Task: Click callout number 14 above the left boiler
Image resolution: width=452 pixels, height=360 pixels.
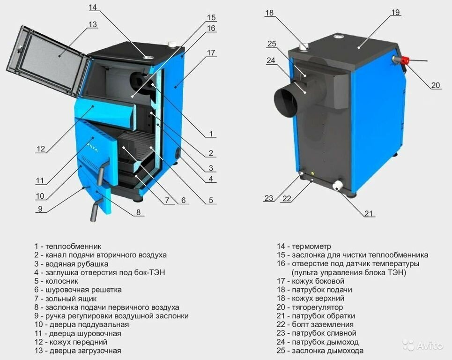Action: coord(92,7)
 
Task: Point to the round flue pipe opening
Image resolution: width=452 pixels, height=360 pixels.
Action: coord(285,101)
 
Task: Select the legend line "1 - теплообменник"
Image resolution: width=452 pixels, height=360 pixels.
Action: coord(67,246)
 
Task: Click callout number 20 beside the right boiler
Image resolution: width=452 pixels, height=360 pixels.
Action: coord(436,85)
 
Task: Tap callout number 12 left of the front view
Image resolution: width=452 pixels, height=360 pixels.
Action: coord(41,149)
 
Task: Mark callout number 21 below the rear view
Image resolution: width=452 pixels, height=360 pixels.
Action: coord(369,214)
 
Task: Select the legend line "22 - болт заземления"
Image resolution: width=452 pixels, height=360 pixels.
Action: coord(315,324)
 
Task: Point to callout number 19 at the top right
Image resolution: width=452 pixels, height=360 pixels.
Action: coord(396,12)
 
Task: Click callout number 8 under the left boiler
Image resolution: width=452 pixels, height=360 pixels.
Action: coord(138,212)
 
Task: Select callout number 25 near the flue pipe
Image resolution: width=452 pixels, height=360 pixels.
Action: coord(272,44)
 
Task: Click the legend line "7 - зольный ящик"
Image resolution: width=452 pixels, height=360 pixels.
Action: coord(65,299)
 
